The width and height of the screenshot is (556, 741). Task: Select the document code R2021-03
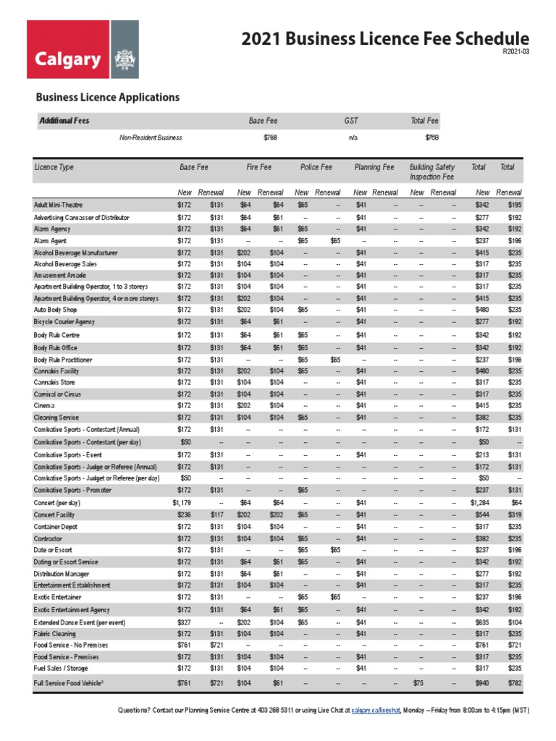[516, 51]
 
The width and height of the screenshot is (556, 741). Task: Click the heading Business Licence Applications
[108, 97]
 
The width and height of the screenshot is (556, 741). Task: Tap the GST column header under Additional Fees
[351, 121]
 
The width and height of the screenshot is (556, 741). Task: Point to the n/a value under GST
[353, 137]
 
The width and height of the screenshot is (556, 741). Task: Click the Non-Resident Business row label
[151, 137]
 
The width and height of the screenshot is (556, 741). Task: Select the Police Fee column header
[316, 167]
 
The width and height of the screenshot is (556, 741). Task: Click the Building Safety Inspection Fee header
[431, 172]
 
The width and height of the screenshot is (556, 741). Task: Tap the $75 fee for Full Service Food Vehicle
[418, 682]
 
